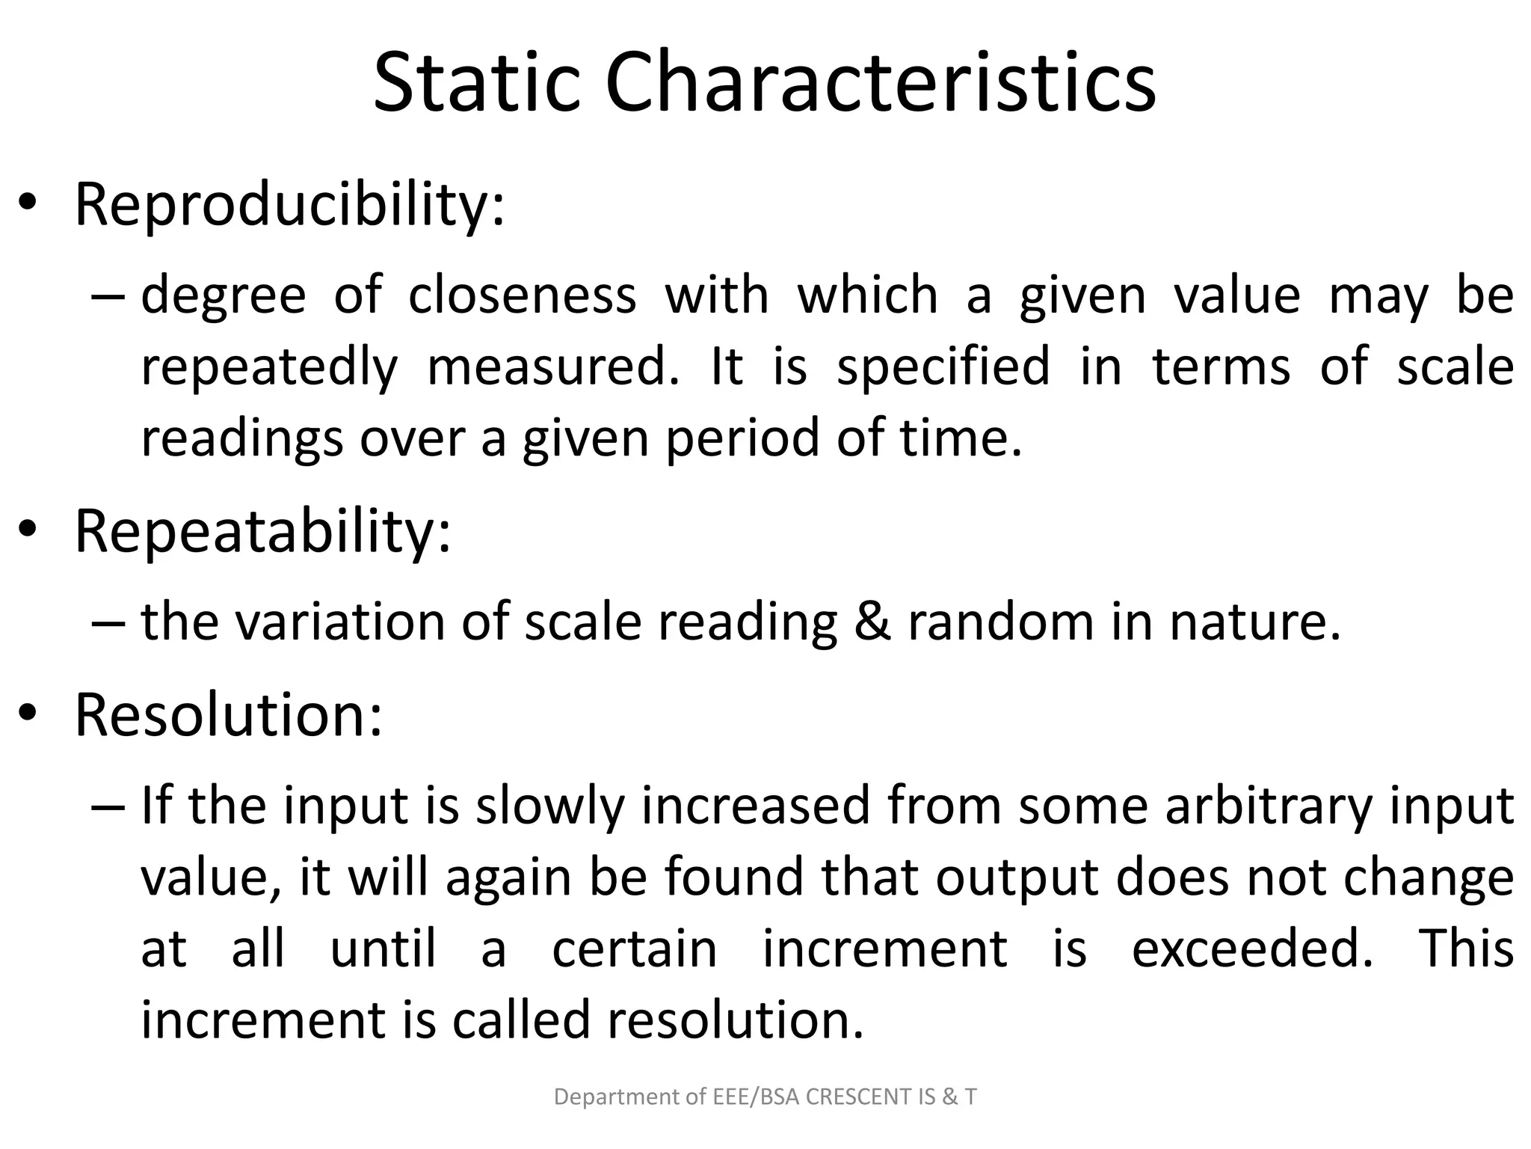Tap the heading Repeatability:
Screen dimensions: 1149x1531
(x=262, y=531)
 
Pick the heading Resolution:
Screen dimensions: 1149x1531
(x=228, y=715)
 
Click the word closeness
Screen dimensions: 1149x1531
(x=522, y=295)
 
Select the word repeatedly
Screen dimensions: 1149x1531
(x=269, y=368)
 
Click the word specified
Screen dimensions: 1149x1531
(x=943, y=368)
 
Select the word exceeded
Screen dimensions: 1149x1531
(x=1252, y=949)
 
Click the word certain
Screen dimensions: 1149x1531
(x=634, y=949)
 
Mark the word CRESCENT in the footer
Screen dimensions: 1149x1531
(x=857, y=1097)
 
